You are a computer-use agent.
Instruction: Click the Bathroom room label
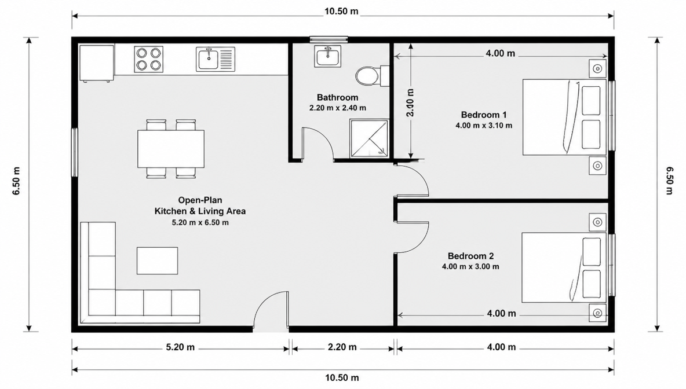pyautogui.click(x=337, y=97)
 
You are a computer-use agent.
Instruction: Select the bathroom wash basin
pyautogui.click(x=327, y=56)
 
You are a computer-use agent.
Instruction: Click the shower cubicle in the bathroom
pyautogui.click(x=369, y=138)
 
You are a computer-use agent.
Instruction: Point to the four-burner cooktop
pyautogui.click(x=149, y=59)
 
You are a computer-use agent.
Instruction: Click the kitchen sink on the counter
pyautogui.click(x=216, y=59)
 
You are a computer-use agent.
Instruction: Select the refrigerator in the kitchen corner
pyautogui.click(x=97, y=63)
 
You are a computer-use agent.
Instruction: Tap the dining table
pyautogui.click(x=170, y=149)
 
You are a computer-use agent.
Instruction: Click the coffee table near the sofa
pyautogui.click(x=157, y=260)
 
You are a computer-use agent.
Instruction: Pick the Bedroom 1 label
pyautogui.click(x=483, y=115)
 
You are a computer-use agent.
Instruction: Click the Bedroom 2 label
pyautogui.click(x=470, y=256)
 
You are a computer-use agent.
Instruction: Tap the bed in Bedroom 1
pyautogui.click(x=564, y=117)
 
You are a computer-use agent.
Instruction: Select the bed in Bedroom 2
pyautogui.click(x=564, y=267)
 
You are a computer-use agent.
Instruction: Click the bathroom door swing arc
pyautogui.click(x=324, y=135)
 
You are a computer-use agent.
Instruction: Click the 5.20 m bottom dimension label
pyautogui.click(x=180, y=347)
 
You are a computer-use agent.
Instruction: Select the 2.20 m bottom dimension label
pyautogui.click(x=342, y=347)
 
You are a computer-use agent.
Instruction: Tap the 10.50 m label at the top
pyautogui.click(x=341, y=12)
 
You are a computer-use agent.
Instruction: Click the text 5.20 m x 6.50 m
pyautogui.click(x=200, y=222)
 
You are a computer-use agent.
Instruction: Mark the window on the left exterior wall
pyautogui.click(x=75, y=152)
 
